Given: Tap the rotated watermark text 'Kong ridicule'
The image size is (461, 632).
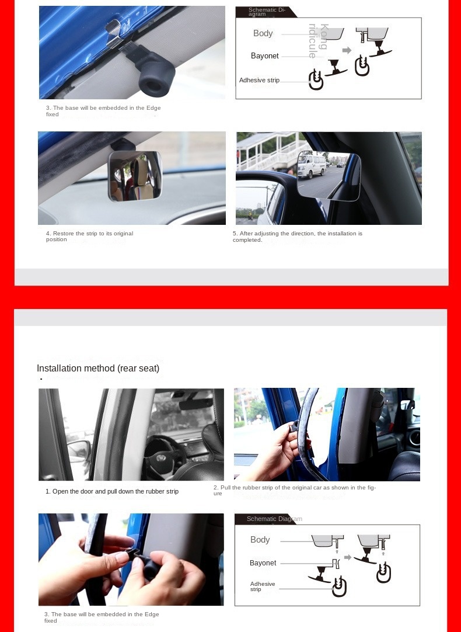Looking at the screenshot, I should (x=318, y=41).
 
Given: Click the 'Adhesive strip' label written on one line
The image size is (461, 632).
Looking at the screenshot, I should (x=259, y=80).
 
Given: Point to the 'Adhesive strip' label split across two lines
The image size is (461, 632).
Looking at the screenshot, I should (x=262, y=586).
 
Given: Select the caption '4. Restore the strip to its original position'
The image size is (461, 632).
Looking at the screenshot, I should (x=89, y=236).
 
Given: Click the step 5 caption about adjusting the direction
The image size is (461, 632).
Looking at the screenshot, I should (x=297, y=236).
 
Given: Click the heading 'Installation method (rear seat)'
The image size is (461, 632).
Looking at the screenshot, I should (x=98, y=368).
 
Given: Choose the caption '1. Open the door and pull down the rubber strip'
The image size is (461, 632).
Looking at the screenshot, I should (x=112, y=491).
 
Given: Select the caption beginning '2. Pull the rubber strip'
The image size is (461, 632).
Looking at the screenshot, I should (x=295, y=490).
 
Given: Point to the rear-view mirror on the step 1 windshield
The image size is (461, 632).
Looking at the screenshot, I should (x=195, y=404).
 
